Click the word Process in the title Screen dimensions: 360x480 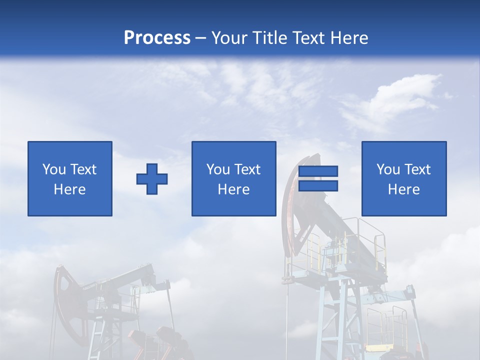pyautogui.click(x=157, y=37)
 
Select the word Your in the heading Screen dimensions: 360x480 pyautogui.click(x=231, y=37)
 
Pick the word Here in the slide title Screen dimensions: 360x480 pyautogui.click(x=350, y=37)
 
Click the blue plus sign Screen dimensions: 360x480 pyautogui.click(x=152, y=179)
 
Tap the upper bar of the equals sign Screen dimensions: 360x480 pyautogui.click(x=318, y=171)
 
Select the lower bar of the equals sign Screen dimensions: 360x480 pyautogui.click(x=318, y=185)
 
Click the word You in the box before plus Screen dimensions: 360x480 pyautogui.click(x=54, y=169)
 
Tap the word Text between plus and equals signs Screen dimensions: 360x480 pyautogui.click(x=247, y=169)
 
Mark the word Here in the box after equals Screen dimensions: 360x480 pyautogui.click(x=404, y=189)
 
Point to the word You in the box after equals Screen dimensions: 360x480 pyautogui.click(x=388, y=169)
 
